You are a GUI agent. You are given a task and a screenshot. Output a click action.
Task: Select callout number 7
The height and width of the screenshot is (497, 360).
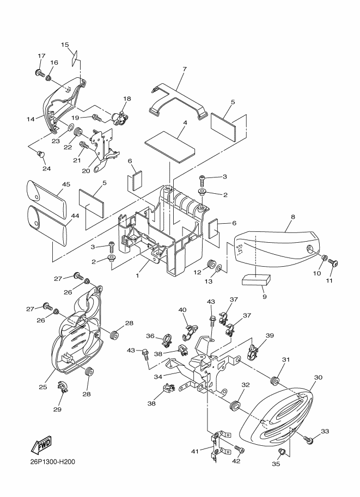185,69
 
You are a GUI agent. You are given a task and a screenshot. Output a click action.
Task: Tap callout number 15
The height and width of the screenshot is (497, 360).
65,45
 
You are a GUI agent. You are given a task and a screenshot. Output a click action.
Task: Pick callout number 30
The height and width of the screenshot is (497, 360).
319,377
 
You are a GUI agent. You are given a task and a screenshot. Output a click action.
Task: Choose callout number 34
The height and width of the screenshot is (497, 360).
158,376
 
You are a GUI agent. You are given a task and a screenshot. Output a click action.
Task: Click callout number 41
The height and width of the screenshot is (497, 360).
195,450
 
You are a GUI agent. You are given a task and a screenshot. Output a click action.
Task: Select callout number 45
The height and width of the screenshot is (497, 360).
66,185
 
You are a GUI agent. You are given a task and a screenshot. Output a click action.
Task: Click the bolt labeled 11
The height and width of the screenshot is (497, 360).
335,263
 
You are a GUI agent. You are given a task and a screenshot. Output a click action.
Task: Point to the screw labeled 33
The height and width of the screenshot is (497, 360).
309,439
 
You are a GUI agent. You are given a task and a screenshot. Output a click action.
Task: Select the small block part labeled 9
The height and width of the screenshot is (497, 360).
255,280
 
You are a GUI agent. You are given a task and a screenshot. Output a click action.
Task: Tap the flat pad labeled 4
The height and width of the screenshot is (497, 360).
170,143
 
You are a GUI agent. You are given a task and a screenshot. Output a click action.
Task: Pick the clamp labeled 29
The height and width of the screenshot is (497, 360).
63,389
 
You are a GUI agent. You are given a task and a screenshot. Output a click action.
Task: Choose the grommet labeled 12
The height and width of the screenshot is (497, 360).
209,266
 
